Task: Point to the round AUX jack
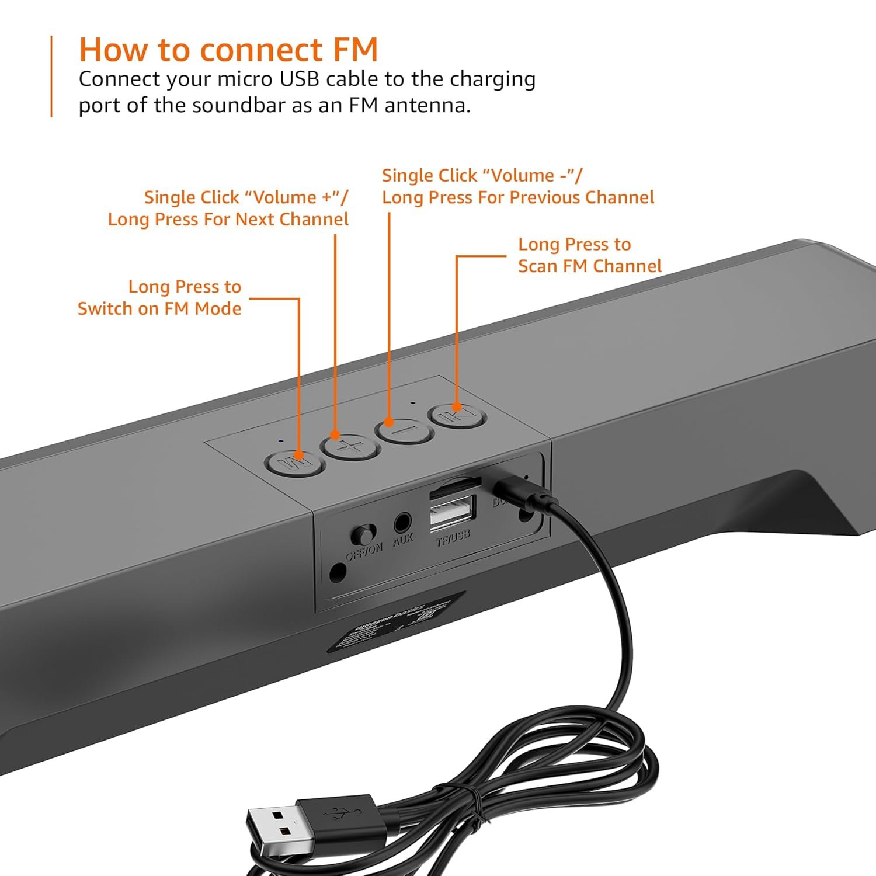click(x=402, y=520)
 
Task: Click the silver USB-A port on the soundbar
click(x=452, y=511)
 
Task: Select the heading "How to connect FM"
click(x=228, y=50)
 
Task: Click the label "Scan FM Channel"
click(x=589, y=266)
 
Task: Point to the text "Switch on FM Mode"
click(x=159, y=308)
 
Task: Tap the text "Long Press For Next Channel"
click(x=228, y=220)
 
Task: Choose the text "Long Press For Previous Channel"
click(x=518, y=197)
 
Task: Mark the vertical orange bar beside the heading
click(x=51, y=77)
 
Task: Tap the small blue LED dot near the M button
click(x=281, y=441)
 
